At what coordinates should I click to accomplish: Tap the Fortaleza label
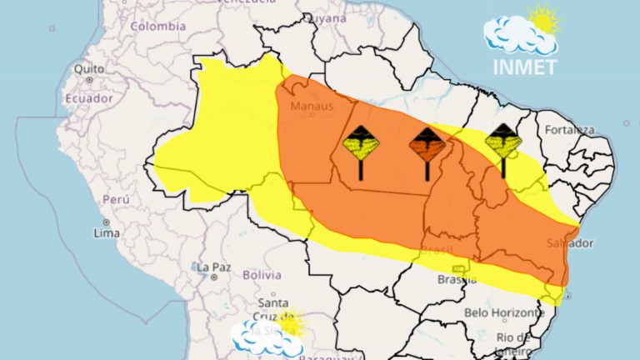tap(570, 130)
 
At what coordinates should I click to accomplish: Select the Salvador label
tap(570, 243)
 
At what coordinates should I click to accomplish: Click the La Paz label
tap(212, 267)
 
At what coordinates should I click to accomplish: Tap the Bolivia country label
tap(262, 274)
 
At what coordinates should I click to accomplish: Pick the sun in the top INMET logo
tap(545, 18)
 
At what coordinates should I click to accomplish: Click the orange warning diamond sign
tap(428, 145)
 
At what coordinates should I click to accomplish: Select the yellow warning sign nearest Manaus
tap(361, 143)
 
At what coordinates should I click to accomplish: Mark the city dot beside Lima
tap(106, 222)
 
